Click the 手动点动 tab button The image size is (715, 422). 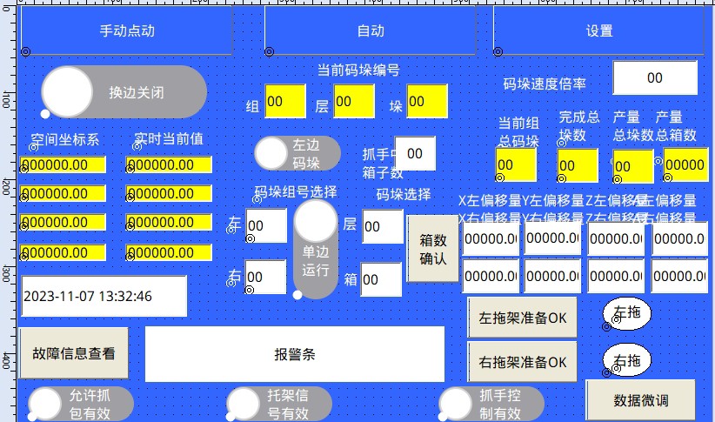point(127,31)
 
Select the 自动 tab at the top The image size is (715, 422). point(370,31)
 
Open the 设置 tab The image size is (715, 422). point(598,31)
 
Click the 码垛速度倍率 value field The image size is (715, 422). point(654,78)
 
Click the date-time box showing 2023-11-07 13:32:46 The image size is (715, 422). point(104,296)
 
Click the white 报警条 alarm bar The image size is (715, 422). point(294,354)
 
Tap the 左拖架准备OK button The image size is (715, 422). point(522,318)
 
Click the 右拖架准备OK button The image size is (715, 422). point(522,360)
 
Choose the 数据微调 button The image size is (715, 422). point(640,400)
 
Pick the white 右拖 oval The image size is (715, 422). point(626,359)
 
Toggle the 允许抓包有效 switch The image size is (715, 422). point(80,404)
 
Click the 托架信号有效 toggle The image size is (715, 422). point(278,404)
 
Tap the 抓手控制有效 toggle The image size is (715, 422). point(491,404)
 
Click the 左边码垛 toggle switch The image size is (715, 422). point(297,154)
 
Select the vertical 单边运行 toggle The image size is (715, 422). point(315,249)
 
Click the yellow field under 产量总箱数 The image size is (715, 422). point(685,165)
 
